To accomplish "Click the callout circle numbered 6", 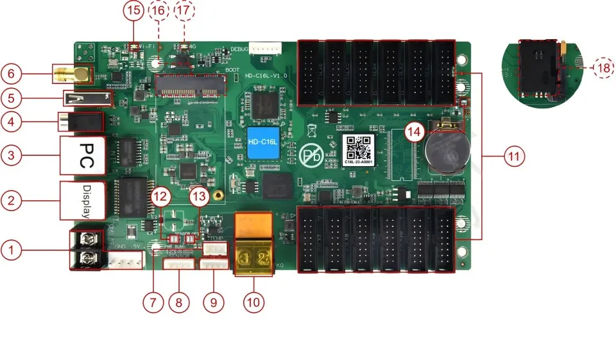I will click(x=11, y=74).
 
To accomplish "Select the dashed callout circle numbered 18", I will click(x=603, y=67).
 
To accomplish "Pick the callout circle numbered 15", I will click(x=133, y=11).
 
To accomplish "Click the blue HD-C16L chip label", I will click(x=263, y=141).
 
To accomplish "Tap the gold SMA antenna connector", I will click(x=74, y=74).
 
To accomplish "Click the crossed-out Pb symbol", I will click(x=312, y=155).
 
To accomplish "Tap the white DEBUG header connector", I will click(x=265, y=48).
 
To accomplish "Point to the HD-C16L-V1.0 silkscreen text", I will click(x=265, y=76).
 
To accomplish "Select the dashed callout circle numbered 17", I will click(x=184, y=11).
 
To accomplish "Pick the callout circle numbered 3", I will click(x=11, y=155).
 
